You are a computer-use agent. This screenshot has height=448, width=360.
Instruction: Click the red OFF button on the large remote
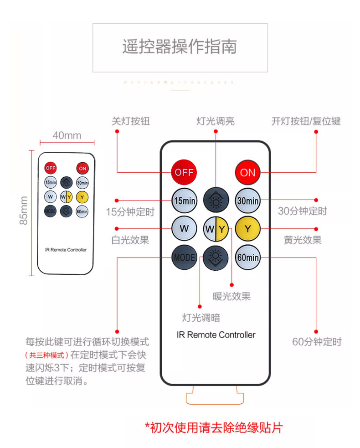click(x=184, y=172)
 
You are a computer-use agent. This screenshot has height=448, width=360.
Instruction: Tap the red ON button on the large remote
click(x=247, y=172)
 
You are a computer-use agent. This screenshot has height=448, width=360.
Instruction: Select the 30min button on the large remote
click(x=247, y=201)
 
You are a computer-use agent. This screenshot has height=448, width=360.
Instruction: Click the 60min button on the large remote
click(x=247, y=257)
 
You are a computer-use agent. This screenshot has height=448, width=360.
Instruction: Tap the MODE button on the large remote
click(x=184, y=257)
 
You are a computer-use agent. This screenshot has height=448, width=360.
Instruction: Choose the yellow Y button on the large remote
click(x=247, y=229)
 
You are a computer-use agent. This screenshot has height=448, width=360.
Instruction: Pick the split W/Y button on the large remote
click(x=216, y=229)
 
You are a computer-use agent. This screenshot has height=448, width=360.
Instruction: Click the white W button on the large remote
click(x=184, y=229)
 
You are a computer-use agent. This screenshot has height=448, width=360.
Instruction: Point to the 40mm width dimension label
click(x=67, y=135)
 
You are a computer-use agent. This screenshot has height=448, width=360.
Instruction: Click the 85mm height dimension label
click(x=24, y=210)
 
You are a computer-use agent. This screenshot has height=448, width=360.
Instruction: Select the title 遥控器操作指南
click(x=180, y=47)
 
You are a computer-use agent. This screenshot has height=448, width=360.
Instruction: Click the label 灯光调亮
click(x=216, y=121)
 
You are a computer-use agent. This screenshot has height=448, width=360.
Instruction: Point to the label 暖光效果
click(x=231, y=297)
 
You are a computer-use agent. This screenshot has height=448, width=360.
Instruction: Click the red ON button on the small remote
click(x=82, y=168)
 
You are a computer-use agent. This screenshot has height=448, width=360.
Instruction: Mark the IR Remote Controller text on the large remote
click(x=216, y=335)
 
